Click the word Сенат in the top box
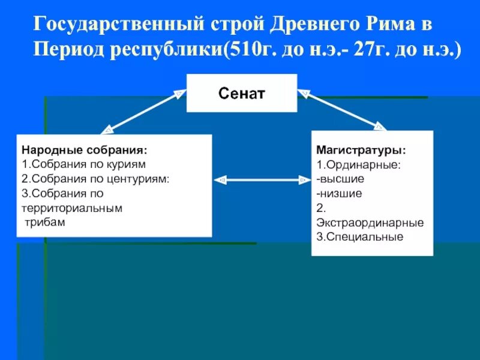(x=242, y=93)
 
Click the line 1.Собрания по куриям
(x=83, y=164)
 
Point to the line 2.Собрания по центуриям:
(x=95, y=178)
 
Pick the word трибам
(x=44, y=222)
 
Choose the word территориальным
(x=71, y=208)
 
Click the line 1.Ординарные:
(x=359, y=164)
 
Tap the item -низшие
(x=340, y=193)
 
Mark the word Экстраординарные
(x=370, y=222)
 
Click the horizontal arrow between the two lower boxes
(x=261, y=179)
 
